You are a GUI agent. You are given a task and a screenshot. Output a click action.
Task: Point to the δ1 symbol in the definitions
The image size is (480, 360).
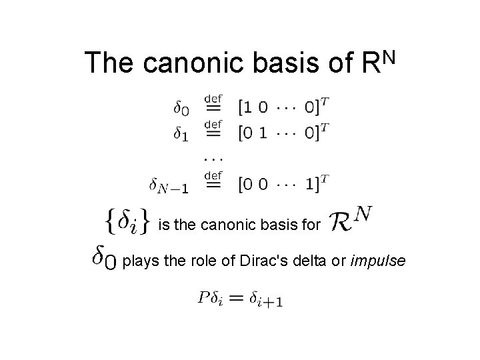pos(180,133)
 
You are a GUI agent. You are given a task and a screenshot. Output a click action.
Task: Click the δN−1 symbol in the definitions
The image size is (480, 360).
pos(168,184)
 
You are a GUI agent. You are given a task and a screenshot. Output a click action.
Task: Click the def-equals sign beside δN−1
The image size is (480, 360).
pos(213,181)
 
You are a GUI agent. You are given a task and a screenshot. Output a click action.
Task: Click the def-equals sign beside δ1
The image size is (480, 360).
pos(213,129)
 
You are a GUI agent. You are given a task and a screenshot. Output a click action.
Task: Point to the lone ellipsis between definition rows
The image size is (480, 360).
pos(213,158)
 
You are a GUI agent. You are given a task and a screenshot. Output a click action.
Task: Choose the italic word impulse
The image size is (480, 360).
pos(377,259)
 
